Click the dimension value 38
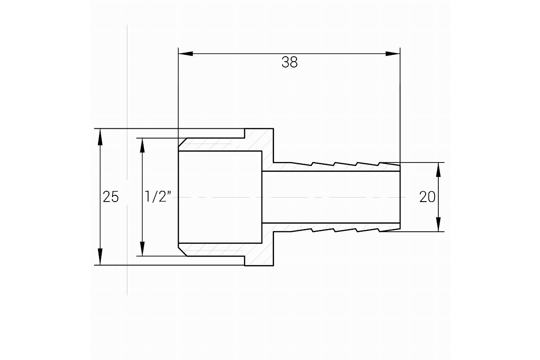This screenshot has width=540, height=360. (289, 62)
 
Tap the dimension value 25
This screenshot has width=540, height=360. (111, 197)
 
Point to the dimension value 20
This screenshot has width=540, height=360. (427, 197)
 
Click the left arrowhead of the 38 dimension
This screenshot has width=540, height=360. (185, 54)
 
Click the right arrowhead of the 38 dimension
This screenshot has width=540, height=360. (393, 54)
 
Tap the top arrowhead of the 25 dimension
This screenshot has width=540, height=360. (100, 137)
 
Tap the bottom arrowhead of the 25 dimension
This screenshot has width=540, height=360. (100, 257)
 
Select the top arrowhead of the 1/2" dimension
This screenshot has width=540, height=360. (142, 146)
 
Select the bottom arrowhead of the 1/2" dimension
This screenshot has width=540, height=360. (142, 248)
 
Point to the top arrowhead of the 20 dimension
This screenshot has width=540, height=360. (438, 170)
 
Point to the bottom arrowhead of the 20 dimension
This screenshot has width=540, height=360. (438, 225)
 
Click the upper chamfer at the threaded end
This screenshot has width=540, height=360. (183, 142)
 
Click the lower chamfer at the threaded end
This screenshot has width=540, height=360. (183, 252)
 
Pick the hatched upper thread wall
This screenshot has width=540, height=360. (215, 145)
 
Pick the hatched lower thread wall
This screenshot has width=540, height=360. (215, 250)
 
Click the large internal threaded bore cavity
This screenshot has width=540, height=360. (220, 197)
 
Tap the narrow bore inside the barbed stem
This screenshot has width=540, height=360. (331, 197)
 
